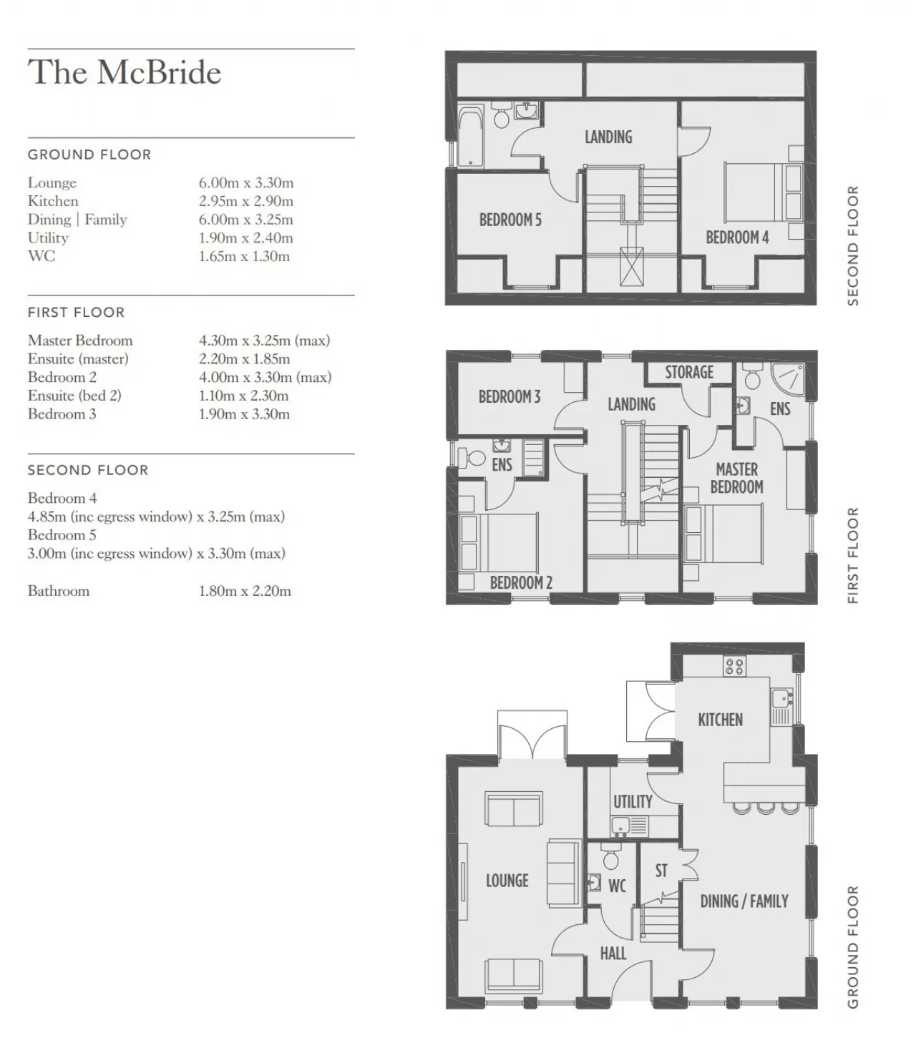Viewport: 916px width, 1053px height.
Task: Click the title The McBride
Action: click(124, 72)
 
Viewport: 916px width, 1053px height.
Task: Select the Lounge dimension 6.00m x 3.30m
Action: click(246, 182)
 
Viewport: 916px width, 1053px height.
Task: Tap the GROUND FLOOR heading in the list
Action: click(89, 155)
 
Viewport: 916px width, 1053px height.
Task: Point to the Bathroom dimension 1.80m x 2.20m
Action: click(245, 590)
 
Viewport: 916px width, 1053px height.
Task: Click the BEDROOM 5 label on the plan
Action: click(510, 220)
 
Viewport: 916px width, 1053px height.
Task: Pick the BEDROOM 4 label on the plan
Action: click(737, 237)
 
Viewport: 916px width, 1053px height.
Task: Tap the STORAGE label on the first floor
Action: click(689, 372)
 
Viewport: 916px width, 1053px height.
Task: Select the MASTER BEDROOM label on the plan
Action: click(737, 478)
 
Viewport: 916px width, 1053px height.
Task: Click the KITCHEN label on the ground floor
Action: click(721, 720)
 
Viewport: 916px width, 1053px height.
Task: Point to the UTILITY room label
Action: click(633, 801)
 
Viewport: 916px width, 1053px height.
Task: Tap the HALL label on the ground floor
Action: click(613, 953)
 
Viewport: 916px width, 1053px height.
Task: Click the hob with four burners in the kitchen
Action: click(734, 667)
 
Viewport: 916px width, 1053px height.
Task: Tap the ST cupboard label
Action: click(661, 871)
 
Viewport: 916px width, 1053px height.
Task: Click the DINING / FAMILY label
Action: click(744, 901)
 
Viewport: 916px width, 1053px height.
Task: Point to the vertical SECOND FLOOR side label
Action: click(853, 245)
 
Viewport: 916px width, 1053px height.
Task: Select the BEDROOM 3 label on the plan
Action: click(510, 396)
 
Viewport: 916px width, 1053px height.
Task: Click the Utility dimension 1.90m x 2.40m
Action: click(246, 237)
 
